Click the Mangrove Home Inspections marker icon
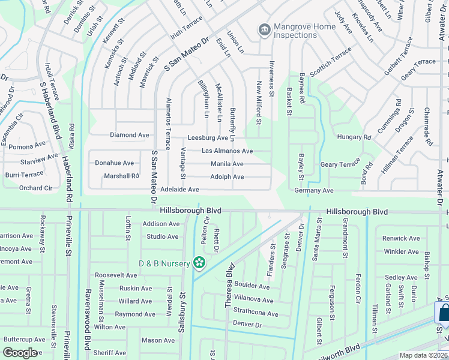click(263, 29)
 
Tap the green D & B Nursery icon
click(199, 263)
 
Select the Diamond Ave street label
click(130, 136)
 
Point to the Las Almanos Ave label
click(227, 151)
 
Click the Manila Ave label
click(227, 164)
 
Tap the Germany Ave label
click(313, 190)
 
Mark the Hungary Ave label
click(354, 137)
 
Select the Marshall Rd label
click(121, 176)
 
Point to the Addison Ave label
click(161, 224)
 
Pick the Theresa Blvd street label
click(229, 289)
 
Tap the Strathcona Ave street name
click(255, 314)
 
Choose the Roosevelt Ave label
click(116, 275)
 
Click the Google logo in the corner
click(20, 353)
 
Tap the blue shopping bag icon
click(444, 313)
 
